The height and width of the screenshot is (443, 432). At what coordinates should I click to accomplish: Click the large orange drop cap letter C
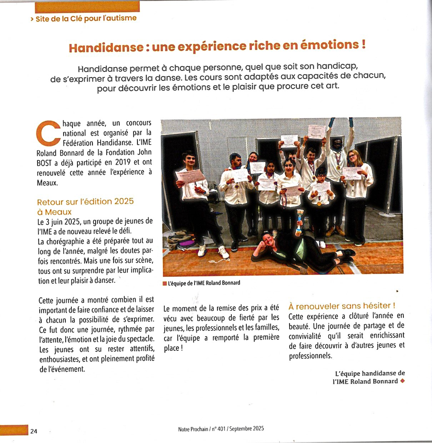[49, 134]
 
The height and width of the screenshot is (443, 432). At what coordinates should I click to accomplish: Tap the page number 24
[34, 431]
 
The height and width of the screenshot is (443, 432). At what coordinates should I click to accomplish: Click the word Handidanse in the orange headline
[106, 48]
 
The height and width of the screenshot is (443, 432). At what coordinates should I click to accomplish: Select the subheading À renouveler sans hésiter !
[342, 306]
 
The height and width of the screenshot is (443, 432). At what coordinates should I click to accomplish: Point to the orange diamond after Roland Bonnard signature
[403, 381]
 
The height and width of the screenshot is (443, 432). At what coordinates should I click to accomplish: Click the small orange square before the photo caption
[165, 284]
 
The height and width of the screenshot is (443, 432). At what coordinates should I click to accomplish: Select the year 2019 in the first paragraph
[123, 162]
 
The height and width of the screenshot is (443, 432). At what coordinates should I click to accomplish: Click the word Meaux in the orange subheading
[58, 212]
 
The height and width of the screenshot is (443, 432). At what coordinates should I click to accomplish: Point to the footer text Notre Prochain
[193, 429]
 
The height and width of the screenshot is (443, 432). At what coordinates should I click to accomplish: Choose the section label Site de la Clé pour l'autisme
[86, 18]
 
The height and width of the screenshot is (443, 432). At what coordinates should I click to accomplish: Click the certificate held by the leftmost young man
[190, 176]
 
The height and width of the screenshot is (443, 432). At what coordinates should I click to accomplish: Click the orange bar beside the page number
[14, 430]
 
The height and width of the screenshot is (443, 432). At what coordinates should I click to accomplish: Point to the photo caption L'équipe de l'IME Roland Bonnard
[204, 283]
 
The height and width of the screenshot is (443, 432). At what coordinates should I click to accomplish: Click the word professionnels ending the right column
[310, 356]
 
